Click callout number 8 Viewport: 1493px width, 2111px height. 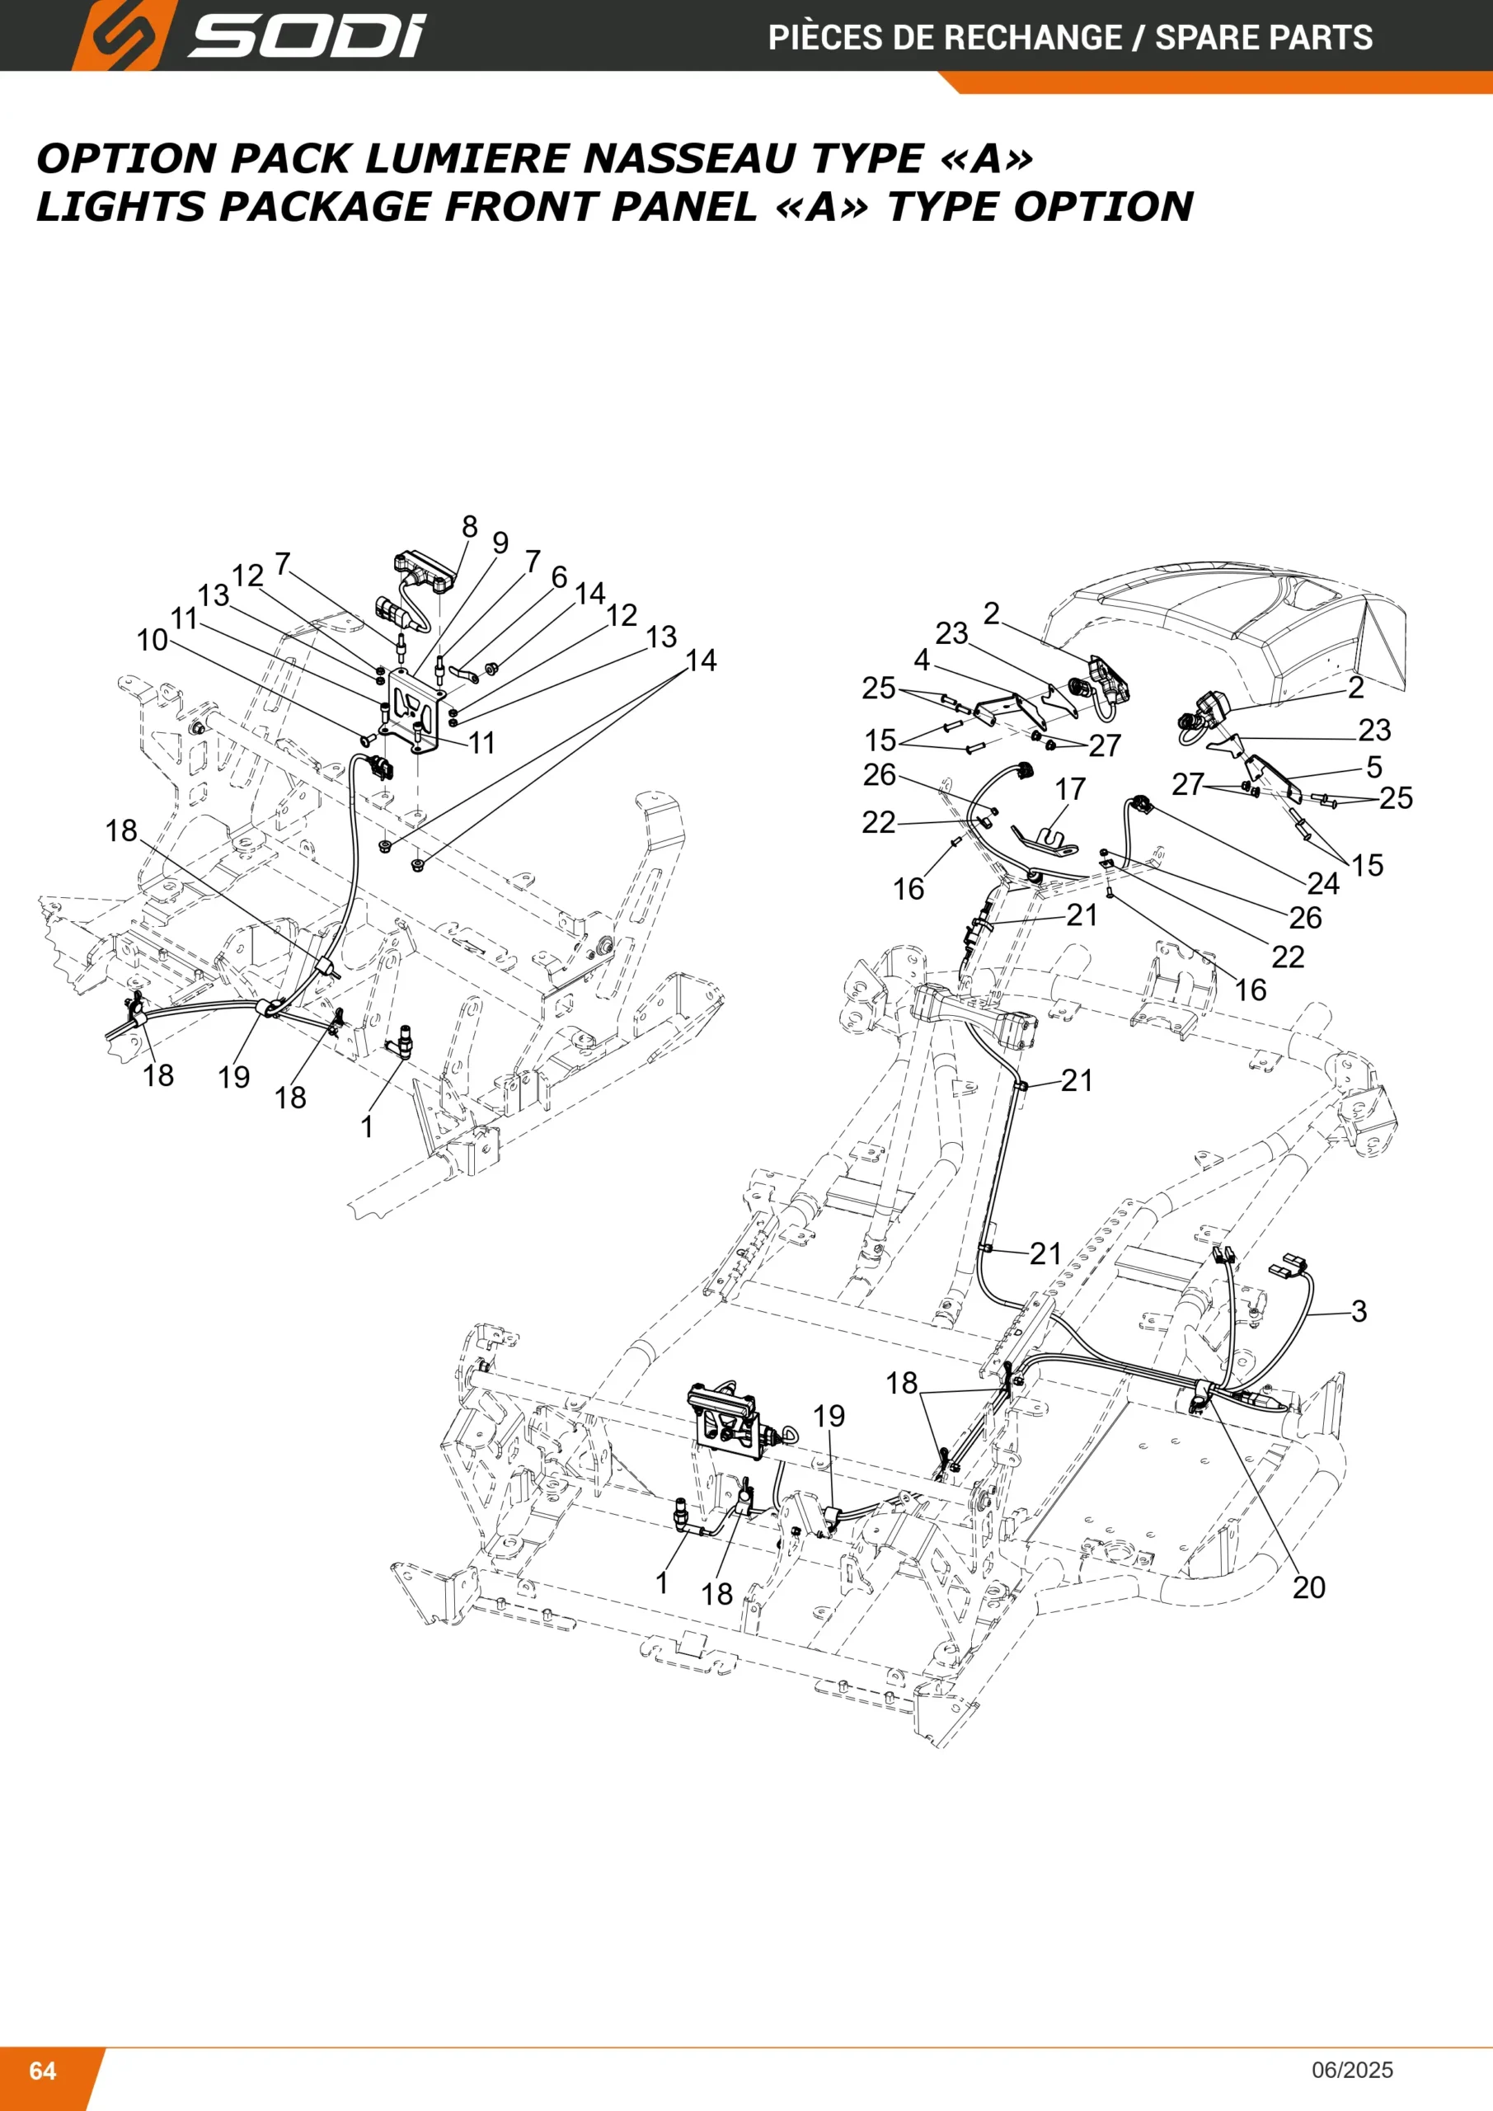pos(470,527)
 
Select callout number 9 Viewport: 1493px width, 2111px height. pos(500,543)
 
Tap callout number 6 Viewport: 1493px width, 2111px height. pos(559,577)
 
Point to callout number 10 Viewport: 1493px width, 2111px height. pos(153,640)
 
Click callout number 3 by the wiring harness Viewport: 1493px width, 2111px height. pos(1359,1311)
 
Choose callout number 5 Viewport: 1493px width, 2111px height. pos(1374,767)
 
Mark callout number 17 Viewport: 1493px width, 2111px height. pos(1070,789)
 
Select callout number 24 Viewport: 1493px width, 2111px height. pos(1323,883)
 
